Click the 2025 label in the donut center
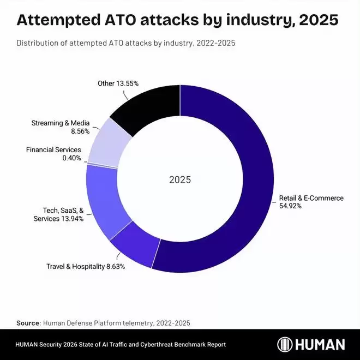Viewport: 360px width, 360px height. pos(180,179)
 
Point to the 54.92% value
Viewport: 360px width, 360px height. pos(291,207)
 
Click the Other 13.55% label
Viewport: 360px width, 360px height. pos(118,83)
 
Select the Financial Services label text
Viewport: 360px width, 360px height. pos(53,149)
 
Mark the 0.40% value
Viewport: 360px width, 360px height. pos(71,158)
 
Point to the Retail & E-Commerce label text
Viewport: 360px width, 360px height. pos(311,198)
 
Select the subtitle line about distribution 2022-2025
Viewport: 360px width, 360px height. pos(125,43)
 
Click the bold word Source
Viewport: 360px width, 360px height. pos(28,323)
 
